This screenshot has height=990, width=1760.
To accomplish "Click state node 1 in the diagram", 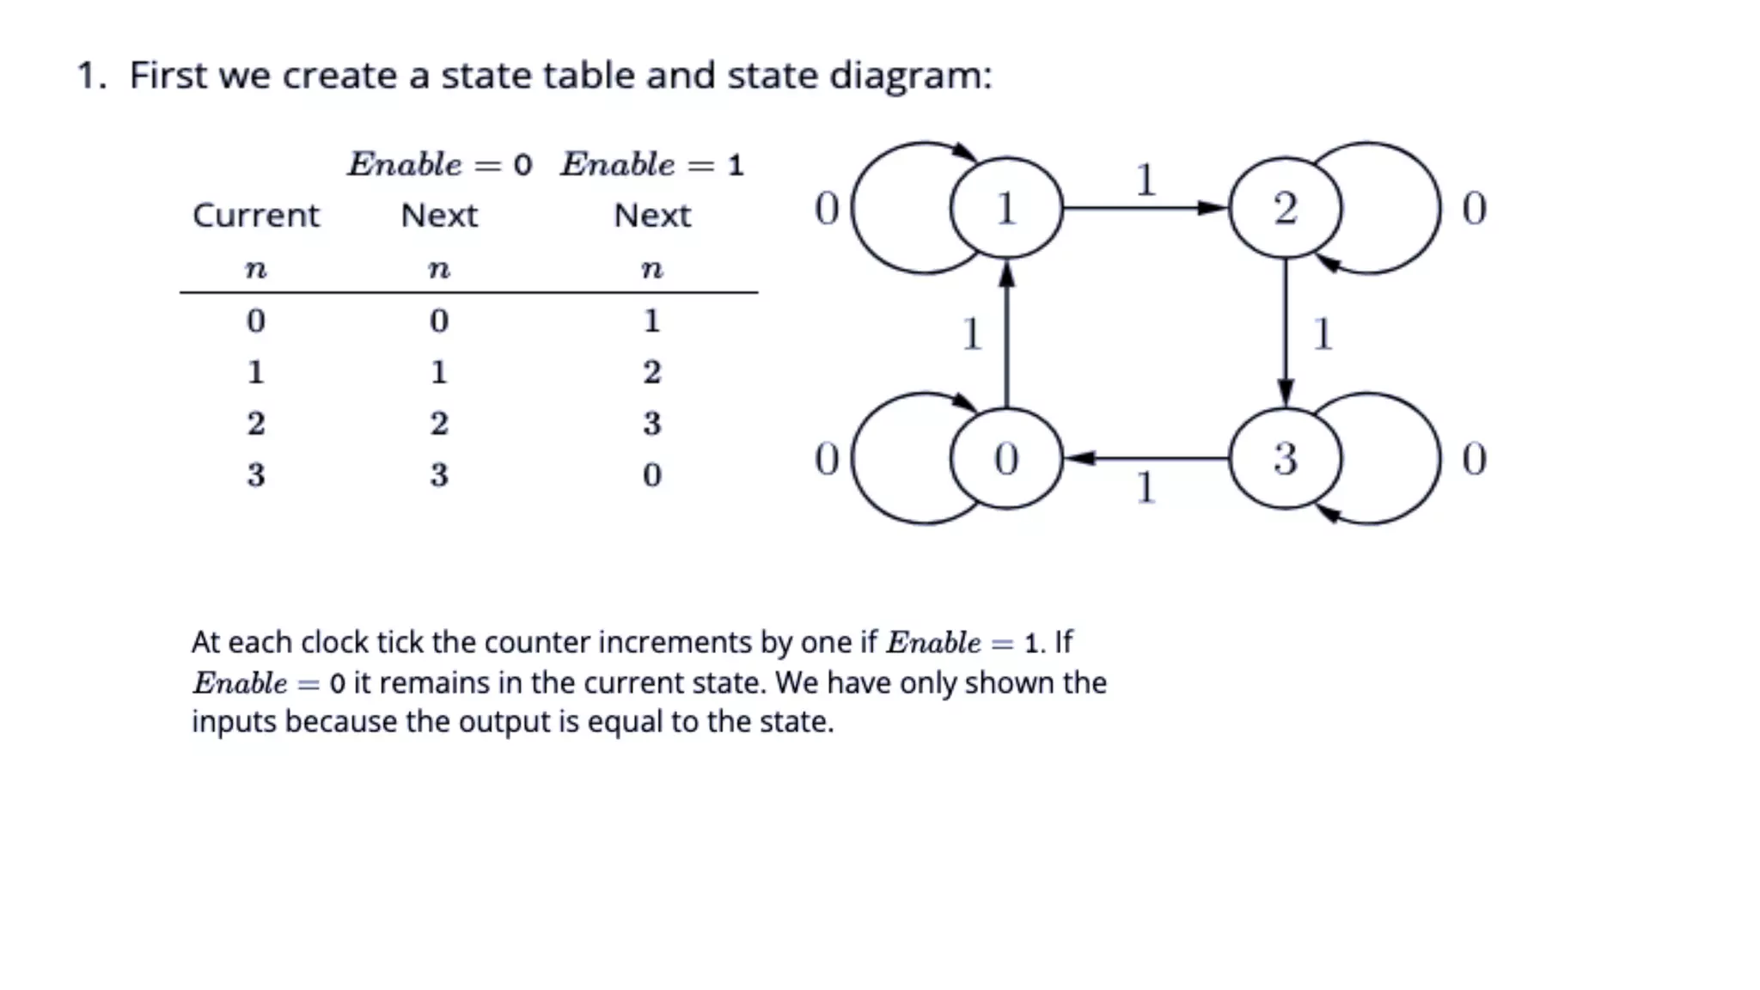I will click(x=1005, y=208).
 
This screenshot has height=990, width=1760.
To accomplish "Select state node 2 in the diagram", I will click(x=1285, y=208).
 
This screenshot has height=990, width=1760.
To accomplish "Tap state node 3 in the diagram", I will click(x=1285, y=458).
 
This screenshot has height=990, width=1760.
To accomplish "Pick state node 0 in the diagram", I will click(x=1005, y=458).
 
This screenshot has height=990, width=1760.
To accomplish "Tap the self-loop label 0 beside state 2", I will click(x=1474, y=209).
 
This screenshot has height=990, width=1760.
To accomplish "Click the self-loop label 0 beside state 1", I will click(x=827, y=209).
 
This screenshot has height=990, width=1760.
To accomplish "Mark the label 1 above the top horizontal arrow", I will click(x=1145, y=180).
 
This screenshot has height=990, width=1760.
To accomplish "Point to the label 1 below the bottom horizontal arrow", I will click(x=1145, y=488).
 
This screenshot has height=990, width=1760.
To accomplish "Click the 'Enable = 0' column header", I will click(x=439, y=164).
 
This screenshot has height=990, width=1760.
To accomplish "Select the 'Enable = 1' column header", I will click(x=652, y=164).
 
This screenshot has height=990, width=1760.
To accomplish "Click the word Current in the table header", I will click(x=255, y=215).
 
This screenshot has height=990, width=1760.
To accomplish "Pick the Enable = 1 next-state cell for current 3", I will click(x=651, y=474).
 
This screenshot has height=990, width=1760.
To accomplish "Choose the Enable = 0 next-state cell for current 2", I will click(x=438, y=423).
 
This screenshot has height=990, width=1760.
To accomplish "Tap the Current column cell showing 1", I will click(x=255, y=371).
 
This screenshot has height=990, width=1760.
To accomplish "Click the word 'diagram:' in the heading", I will click(x=910, y=76).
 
